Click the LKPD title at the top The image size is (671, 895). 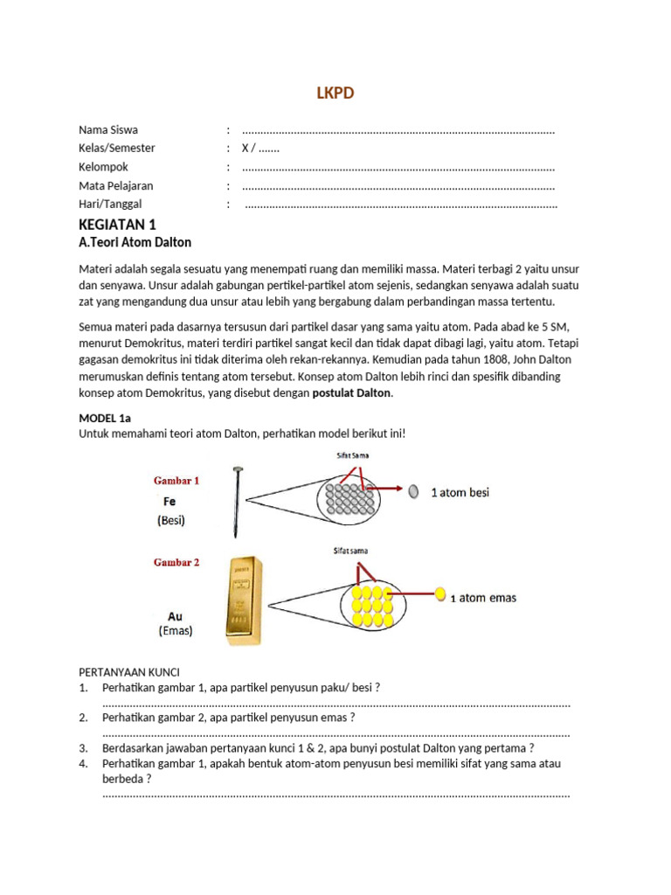pos(335,94)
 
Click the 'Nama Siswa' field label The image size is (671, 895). pos(107,130)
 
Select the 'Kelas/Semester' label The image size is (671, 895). pos(116,149)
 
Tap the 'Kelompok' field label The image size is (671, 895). pos(103,167)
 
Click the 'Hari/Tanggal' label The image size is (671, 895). pos(110,205)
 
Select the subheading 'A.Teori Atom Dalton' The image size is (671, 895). pos(135,242)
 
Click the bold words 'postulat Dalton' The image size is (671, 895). pos(352,393)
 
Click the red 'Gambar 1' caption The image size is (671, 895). pos(176,481)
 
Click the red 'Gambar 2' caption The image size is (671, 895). pos(176,563)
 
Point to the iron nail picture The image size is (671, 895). pos(236,502)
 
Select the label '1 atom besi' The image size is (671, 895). pos(460,492)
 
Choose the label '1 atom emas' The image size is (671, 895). pos(483,598)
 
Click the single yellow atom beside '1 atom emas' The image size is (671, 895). pos(439,595)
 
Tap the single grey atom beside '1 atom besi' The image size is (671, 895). pos(413,491)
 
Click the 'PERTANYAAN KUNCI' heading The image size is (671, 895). pos(128,672)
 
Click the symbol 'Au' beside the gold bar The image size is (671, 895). pos(175,616)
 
